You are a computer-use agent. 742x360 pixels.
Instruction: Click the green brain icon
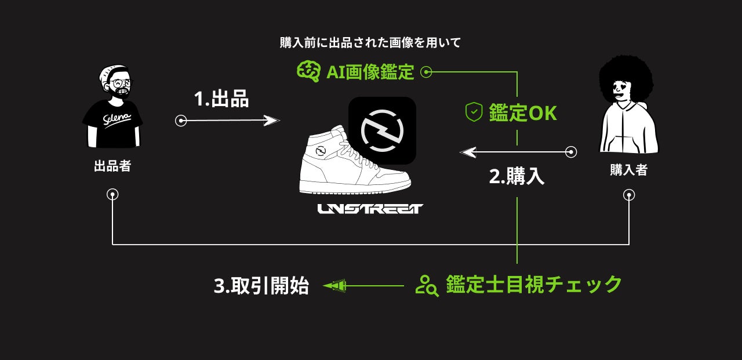click(x=308, y=71)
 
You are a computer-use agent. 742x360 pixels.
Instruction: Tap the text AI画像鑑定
click(x=370, y=72)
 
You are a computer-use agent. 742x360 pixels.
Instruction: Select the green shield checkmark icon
click(x=474, y=112)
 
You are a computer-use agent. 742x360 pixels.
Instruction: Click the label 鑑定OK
click(x=522, y=113)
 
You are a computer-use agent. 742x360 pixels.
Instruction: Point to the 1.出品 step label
click(x=221, y=99)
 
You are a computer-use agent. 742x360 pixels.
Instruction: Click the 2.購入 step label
click(x=517, y=176)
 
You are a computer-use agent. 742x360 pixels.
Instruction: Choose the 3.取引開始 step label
click(x=261, y=286)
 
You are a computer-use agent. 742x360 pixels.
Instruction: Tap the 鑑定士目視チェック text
click(x=534, y=285)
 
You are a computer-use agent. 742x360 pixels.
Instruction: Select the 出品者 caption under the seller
click(x=112, y=167)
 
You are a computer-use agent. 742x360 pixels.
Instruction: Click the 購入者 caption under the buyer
click(x=628, y=170)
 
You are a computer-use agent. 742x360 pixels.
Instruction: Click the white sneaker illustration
click(x=348, y=165)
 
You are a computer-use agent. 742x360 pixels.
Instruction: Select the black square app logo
click(x=382, y=130)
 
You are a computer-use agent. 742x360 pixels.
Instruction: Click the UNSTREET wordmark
click(x=370, y=209)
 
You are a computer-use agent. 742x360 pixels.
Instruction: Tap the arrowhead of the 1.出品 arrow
click(x=271, y=121)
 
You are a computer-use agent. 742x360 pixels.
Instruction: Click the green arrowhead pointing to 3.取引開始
click(x=334, y=286)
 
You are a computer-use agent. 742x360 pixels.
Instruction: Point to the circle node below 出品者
click(x=113, y=195)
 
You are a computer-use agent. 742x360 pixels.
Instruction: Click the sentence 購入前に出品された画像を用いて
click(x=370, y=42)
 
